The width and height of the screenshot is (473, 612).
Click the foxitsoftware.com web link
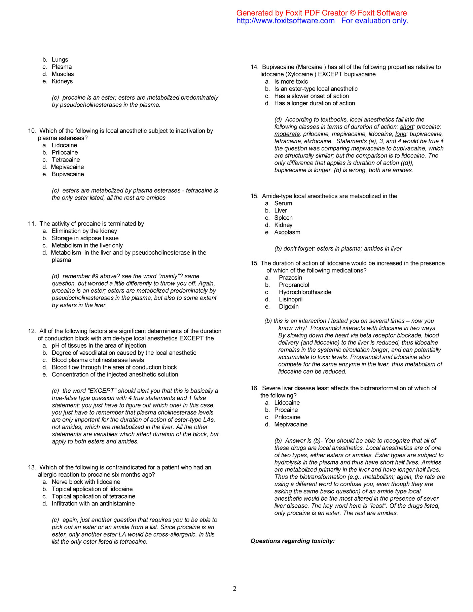[x=285, y=21]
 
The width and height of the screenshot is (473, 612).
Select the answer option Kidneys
[x=62, y=81]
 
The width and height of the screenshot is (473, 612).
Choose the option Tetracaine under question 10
[x=66, y=160]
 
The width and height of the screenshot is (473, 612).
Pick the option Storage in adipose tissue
[x=85, y=238]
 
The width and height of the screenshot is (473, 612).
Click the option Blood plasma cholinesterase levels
[x=98, y=360]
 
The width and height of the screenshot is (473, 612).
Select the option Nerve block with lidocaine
[x=86, y=482]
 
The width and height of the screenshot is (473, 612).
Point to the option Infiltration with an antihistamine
[x=93, y=504]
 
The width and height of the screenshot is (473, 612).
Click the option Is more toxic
[x=291, y=82]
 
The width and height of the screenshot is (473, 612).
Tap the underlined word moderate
[x=287, y=134]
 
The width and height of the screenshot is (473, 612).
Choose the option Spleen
[x=283, y=218]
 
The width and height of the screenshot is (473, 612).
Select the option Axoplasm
[x=287, y=232]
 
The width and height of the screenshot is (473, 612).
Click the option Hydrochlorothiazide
[x=305, y=292]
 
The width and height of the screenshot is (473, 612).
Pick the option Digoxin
[x=289, y=307]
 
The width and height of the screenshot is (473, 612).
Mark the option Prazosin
[x=290, y=278]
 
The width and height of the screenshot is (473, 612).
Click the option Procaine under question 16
[x=286, y=410]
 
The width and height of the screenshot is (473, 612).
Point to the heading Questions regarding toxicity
[x=292, y=541]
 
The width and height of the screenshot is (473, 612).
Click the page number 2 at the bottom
[x=234, y=588]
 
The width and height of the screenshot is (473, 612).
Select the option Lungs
[x=60, y=60]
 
